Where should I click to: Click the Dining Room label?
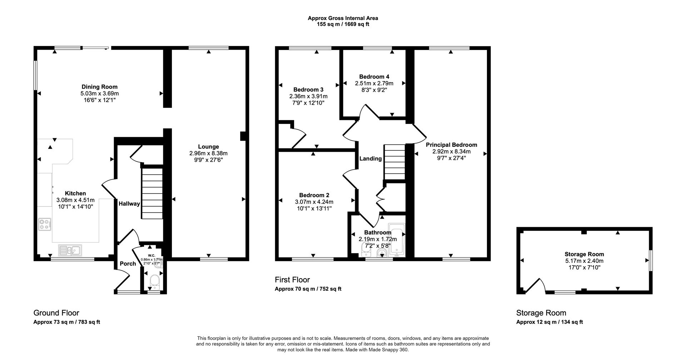pyautogui.click(x=99, y=87)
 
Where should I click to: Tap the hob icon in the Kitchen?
pyautogui.click(x=45, y=224)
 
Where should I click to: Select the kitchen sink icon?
pyautogui.click(x=70, y=250)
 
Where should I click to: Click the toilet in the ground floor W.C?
pyautogui.click(x=155, y=282)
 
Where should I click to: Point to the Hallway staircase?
pyautogui.click(x=152, y=194)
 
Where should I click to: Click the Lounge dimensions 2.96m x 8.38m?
pyautogui.click(x=208, y=153)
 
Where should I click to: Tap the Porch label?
pyautogui.click(x=128, y=264)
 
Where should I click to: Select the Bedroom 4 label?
pyautogui.click(x=374, y=77)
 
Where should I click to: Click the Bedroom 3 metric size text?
pyautogui.click(x=308, y=96)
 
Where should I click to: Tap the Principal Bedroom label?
pyautogui.click(x=451, y=145)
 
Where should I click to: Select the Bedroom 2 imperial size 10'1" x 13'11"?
pyautogui.click(x=314, y=208)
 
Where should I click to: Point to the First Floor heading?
pyautogui.click(x=292, y=280)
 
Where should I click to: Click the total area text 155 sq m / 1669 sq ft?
pyautogui.click(x=343, y=24)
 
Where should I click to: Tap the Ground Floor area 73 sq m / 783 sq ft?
pyautogui.click(x=66, y=322)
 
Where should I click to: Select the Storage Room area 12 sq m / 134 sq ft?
pyautogui.click(x=549, y=322)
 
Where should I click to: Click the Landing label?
pyautogui.click(x=370, y=159)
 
